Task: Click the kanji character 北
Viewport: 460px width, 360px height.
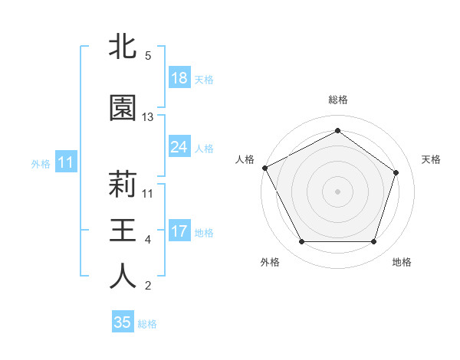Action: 123,47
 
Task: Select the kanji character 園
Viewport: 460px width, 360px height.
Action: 123,108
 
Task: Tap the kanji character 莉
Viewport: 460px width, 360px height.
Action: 123,185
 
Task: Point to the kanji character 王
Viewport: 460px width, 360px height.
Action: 123,231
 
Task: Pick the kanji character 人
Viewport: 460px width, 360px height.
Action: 123,277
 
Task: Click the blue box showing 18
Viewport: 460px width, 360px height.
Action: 179,78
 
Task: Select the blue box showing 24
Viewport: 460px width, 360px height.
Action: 179,147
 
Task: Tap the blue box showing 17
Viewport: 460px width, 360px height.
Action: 179,231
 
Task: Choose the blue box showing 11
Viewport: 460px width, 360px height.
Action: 66,162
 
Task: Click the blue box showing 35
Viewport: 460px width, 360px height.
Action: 123,322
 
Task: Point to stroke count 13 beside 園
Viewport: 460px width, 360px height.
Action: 148,117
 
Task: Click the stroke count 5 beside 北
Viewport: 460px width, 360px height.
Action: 147,56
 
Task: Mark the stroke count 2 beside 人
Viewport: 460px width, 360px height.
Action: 147,286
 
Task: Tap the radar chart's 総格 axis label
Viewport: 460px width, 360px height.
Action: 338,100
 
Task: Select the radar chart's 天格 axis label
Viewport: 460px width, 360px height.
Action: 431,159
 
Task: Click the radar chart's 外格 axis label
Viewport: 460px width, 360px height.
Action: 270,262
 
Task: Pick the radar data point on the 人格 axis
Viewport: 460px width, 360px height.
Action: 264,168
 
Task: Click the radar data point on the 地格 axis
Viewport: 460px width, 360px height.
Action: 373,242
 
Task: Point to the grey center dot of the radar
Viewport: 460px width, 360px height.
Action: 338,191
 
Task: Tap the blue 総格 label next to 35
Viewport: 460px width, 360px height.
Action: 147,324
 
